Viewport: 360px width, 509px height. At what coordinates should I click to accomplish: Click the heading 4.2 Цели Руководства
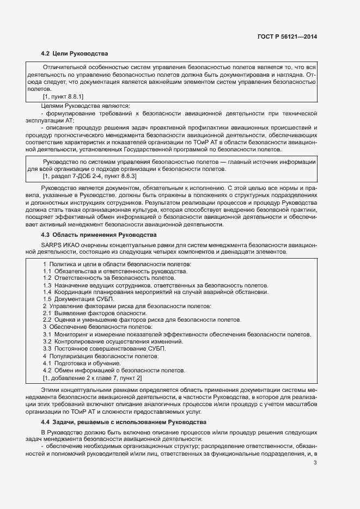[x=75, y=53]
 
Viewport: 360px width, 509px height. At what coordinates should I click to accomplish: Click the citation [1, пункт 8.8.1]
[x=63, y=96]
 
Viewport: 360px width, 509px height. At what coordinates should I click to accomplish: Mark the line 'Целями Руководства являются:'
[x=84, y=105]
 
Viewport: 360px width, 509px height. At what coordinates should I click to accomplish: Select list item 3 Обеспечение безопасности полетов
[x=97, y=327]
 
